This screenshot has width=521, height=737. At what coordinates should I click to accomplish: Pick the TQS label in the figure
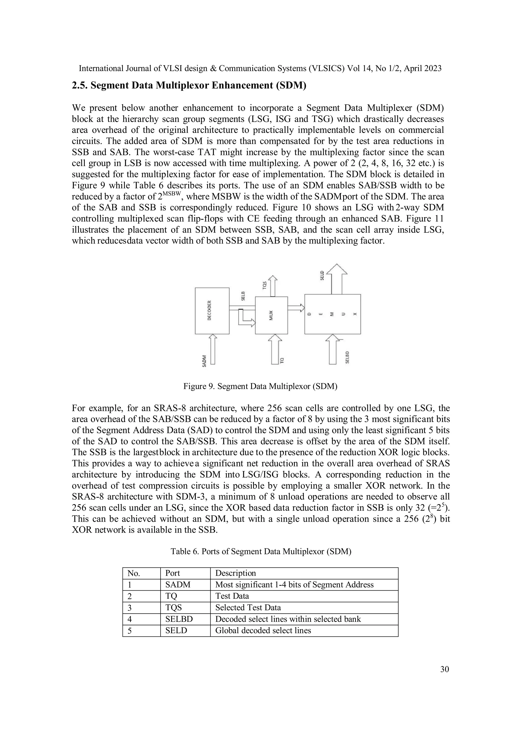265,285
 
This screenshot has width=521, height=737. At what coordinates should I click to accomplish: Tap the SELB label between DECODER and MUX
243,296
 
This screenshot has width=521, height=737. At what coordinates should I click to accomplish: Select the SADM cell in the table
178,585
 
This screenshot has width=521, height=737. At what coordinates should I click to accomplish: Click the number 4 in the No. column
130,619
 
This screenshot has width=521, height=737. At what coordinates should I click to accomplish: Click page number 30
444,669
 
